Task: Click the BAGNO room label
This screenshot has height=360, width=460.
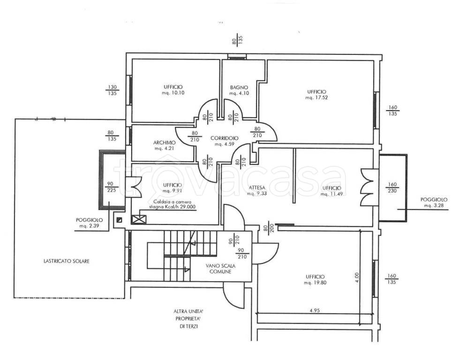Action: click(239, 87)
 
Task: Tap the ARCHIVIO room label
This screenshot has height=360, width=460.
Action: click(164, 143)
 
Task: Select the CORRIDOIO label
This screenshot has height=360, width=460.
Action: click(225, 138)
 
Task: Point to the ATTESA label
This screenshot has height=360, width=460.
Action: click(256, 187)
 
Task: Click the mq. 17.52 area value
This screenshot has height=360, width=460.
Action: click(317, 97)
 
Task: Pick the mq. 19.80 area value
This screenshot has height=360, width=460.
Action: click(315, 283)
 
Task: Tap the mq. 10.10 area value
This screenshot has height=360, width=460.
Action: click(173, 93)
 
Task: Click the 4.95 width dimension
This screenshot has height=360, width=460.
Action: click(314, 311)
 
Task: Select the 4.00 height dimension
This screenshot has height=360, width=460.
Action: click(356, 277)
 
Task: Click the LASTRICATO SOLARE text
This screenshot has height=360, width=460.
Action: click(67, 261)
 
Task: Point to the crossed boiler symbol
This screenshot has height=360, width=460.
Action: click(139, 219)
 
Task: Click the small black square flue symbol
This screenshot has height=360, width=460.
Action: click(120, 219)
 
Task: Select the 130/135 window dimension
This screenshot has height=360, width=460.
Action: click(113, 90)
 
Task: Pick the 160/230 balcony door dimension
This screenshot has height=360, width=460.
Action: click(392, 187)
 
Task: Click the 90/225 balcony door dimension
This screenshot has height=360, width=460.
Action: click(112, 187)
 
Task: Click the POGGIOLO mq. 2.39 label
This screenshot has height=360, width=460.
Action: click(89, 223)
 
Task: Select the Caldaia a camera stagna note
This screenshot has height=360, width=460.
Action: click(172, 204)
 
